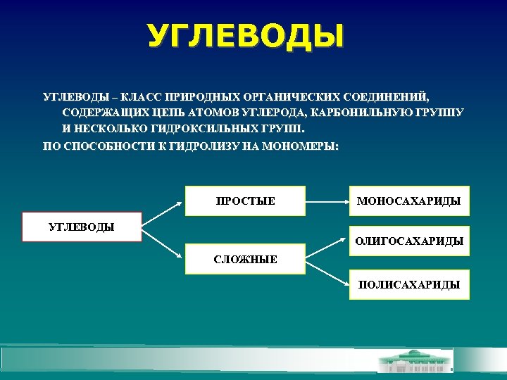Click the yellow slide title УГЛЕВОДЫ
point(246,36)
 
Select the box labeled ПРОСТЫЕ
point(244,201)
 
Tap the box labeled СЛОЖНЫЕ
point(244,260)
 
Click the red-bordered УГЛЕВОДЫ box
point(82,227)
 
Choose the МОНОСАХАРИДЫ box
point(408,201)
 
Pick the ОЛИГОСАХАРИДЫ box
point(408,241)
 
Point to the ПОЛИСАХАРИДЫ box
point(408,285)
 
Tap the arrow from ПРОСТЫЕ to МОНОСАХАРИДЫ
point(327,201)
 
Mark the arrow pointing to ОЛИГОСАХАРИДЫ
point(327,247)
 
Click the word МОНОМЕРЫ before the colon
point(301,147)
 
